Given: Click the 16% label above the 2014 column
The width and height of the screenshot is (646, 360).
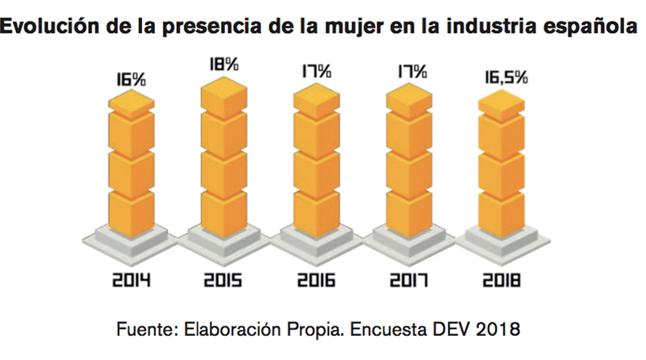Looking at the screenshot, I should tap(131, 79).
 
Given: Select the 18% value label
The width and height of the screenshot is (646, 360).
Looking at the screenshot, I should tap(223, 64).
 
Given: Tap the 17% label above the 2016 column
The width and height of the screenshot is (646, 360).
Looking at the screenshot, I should tap(316, 72).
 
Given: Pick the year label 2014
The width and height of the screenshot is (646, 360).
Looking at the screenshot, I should tap(131, 279).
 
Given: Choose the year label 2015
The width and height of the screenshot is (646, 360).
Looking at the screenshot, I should tap(223, 279).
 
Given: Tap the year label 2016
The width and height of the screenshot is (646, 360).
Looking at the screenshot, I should tap(316, 279).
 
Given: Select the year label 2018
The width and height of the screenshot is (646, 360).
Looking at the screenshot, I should tap(501, 279).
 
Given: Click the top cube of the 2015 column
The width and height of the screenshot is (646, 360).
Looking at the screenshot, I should tap(223, 93).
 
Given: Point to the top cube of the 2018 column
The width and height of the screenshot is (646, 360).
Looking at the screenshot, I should tap(501, 106).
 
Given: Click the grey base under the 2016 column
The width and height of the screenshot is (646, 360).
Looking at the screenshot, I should tap(316, 240).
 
